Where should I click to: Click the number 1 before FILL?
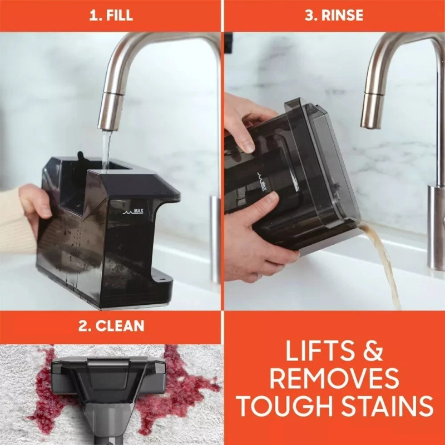pyautogui.click(x=94, y=15)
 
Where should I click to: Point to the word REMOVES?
pyautogui.click(x=334, y=379)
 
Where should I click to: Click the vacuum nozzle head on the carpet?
pyautogui.click(x=108, y=378)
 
